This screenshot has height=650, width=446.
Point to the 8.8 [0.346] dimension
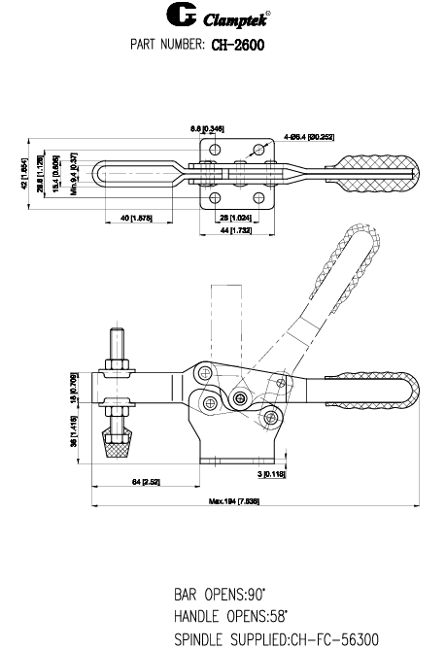(x=207, y=128)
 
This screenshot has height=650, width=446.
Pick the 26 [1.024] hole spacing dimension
(x=229, y=219)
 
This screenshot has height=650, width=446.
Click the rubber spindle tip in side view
(x=117, y=446)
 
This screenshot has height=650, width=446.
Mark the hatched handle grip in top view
(x=374, y=175)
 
